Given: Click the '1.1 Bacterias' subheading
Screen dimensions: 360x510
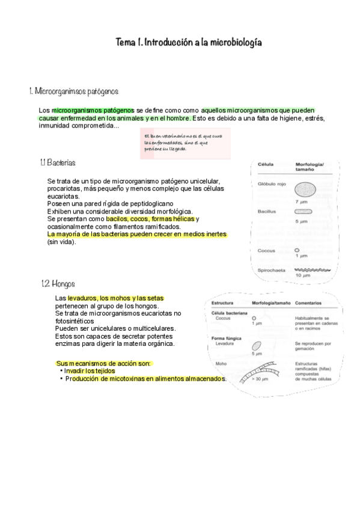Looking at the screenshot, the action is [58, 163].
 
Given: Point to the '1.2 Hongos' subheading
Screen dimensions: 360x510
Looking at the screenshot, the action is [58, 283].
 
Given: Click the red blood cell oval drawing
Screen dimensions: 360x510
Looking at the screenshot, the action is [305, 191].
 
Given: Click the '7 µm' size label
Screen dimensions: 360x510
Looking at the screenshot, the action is [302, 202].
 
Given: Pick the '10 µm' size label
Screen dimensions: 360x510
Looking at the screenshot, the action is [302, 275].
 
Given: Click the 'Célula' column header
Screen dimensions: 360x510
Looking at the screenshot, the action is [266, 165].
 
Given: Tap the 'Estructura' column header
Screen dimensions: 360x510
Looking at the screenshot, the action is [223, 303].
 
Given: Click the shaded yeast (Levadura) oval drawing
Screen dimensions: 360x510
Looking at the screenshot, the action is [257, 346].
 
